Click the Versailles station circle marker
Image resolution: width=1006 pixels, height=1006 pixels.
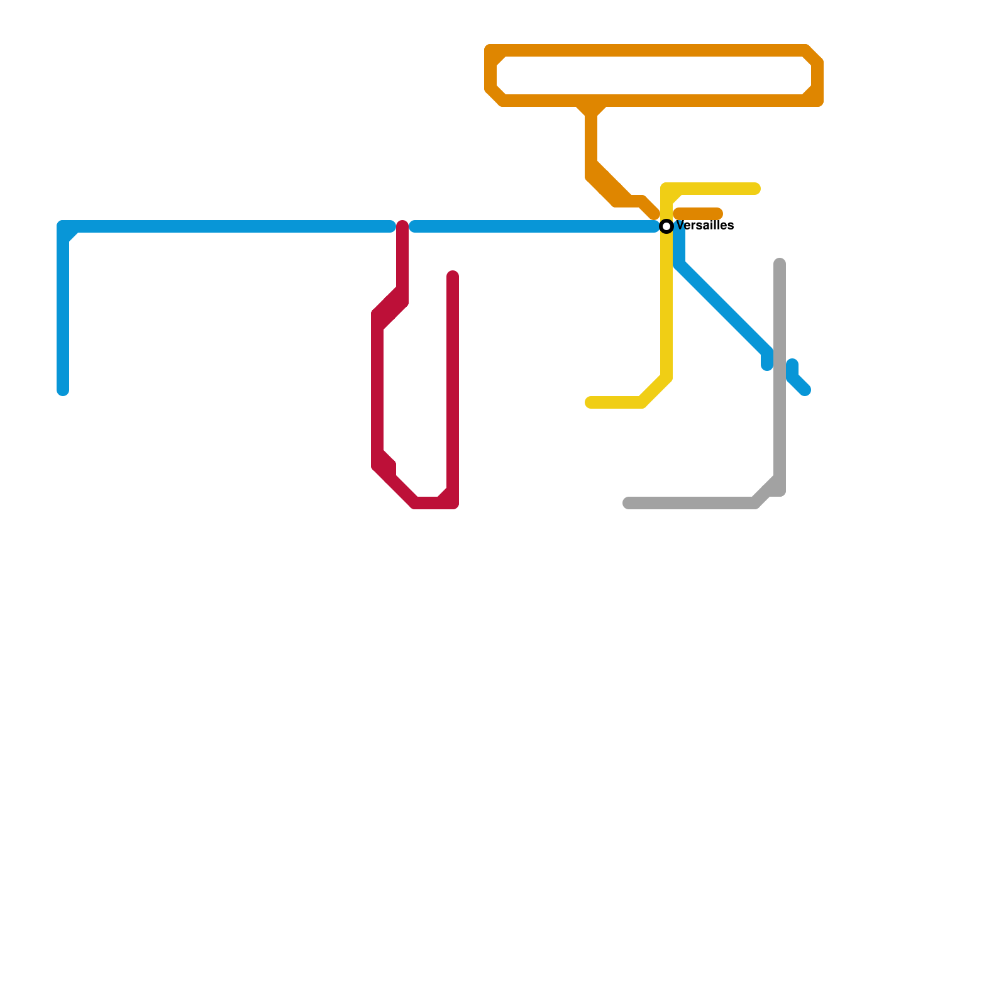click(666, 226)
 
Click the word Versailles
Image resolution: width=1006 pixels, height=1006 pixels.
click(705, 226)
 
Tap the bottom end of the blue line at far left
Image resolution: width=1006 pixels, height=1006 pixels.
click(63, 390)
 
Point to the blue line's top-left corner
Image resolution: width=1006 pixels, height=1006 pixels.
click(64, 227)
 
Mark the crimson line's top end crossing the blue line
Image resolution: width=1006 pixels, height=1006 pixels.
click(402, 226)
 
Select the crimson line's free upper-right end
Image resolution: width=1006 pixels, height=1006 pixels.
click(453, 275)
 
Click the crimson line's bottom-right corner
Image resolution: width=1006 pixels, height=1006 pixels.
click(453, 503)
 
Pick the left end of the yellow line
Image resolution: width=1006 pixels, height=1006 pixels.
click(590, 402)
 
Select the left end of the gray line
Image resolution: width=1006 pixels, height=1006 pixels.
click(627, 503)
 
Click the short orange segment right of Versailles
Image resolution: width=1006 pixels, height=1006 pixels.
click(698, 214)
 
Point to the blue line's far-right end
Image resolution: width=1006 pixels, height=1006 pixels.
click(805, 390)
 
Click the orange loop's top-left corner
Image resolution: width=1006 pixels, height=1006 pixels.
click(491, 51)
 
